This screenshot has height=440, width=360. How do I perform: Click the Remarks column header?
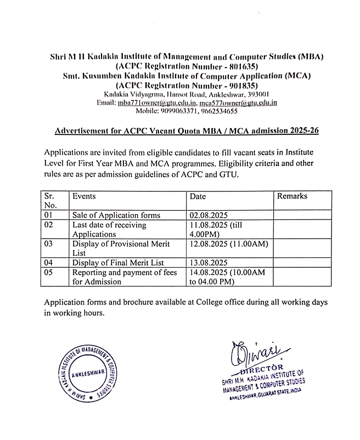click(x=292, y=196)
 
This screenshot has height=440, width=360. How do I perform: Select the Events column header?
click(x=84, y=196)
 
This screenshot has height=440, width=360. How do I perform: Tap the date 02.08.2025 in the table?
click(x=209, y=215)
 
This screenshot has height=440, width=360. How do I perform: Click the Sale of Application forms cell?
click(x=116, y=215)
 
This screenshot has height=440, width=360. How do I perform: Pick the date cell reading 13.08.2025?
click(x=209, y=263)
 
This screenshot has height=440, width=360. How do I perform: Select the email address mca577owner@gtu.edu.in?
click(x=238, y=103)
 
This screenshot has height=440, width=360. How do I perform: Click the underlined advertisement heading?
click(x=187, y=132)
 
